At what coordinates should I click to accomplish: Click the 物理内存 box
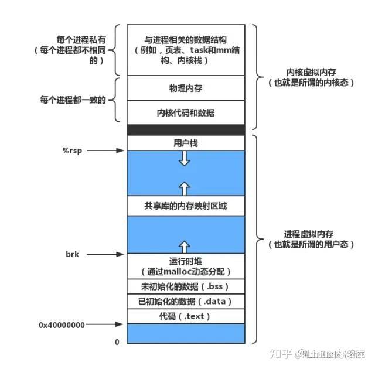click(x=185, y=88)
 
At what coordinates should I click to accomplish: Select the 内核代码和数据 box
click(x=185, y=112)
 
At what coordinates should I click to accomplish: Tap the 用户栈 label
click(x=185, y=142)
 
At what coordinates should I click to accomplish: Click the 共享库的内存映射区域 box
click(x=185, y=206)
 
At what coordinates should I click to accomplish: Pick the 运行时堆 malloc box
click(x=185, y=266)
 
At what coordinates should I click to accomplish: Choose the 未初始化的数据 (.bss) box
click(x=185, y=286)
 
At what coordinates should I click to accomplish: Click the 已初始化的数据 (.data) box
click(x=185, y=302)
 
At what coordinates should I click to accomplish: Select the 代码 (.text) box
click(x=185, y=316)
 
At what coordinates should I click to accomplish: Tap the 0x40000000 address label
click(x=62, y=323)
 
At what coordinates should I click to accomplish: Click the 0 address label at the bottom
click(x=117, y=341)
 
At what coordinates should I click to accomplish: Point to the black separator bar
click(x=185, y=129)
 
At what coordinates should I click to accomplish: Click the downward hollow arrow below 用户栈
click(x=185, y=159)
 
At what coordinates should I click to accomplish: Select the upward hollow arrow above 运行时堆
click(x=185, y=246)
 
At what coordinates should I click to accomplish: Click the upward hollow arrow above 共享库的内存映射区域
click(x=185, y=187)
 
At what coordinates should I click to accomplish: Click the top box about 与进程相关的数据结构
click(x=185, y=50)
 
